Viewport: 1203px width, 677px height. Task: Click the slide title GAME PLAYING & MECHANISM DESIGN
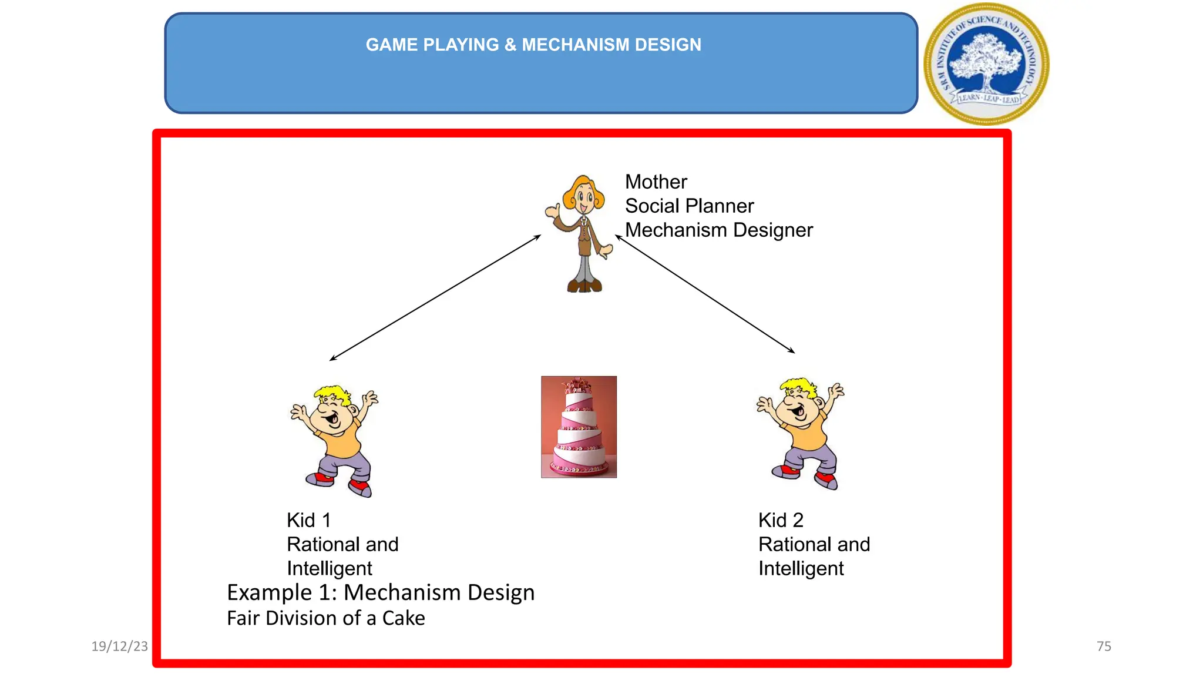point(533,45)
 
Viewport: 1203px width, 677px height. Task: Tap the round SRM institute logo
point(987,63)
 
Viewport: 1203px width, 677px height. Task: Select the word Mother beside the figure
point(656,182)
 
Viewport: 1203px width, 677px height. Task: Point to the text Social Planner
point(689,206)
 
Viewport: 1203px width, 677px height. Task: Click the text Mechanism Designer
point(718,230)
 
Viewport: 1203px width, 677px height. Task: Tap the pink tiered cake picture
point(579,427)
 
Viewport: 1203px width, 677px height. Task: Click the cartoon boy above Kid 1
point(335,441)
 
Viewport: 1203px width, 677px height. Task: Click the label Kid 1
point(308,520)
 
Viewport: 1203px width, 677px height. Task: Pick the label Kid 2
point(781,520)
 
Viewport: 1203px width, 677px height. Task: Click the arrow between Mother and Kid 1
point(435,297)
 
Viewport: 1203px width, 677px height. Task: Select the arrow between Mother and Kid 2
point(705,294)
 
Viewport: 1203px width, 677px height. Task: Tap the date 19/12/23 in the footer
point(119,646)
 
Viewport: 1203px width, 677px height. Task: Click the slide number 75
point(1104,646)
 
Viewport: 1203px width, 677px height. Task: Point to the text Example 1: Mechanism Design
point(381,592)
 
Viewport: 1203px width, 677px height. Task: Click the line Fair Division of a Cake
point(325,618)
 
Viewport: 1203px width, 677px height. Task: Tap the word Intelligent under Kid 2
point(801,568)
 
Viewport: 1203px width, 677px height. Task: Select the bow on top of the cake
point(579,385)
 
